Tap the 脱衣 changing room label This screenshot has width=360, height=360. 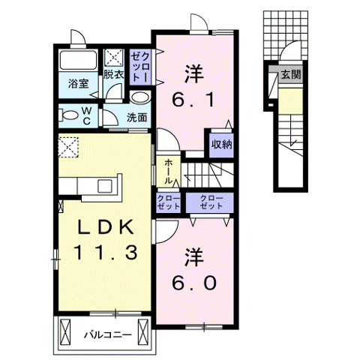pos(114,74)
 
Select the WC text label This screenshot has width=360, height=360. pos(86,115)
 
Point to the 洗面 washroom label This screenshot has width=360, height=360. pos(136,118)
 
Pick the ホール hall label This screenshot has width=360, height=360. pos(168,171)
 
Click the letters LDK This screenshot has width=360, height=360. pos(104,227)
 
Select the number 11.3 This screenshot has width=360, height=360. pos(105,253)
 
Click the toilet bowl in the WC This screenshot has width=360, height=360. pos(69,115)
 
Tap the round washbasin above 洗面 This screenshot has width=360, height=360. pos(139,98)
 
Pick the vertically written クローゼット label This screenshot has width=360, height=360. pos(142,67)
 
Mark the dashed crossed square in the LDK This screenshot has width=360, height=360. pos(69,146)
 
